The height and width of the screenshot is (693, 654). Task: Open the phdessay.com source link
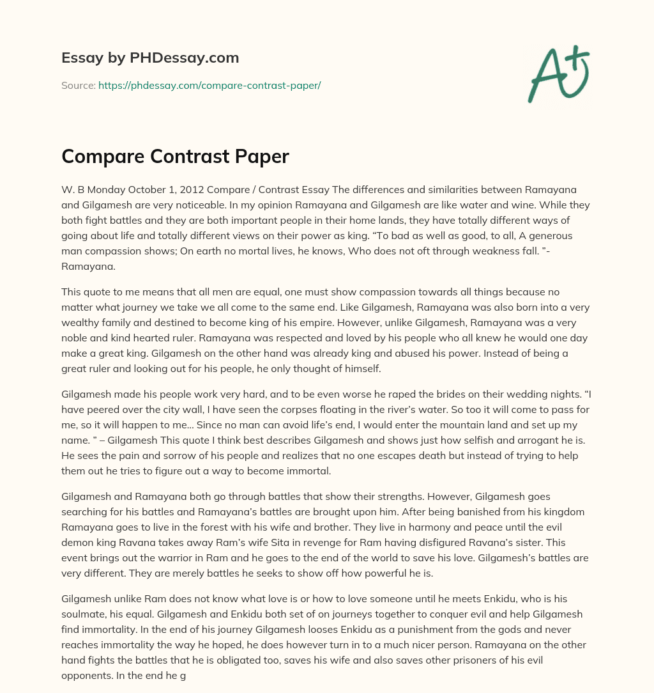[x=209, y=85]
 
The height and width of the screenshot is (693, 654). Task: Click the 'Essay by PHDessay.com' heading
[x=150, y=58]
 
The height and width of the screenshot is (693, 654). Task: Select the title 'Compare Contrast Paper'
[x=175, y=157]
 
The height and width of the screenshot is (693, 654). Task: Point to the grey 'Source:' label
[x=78, y=85]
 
